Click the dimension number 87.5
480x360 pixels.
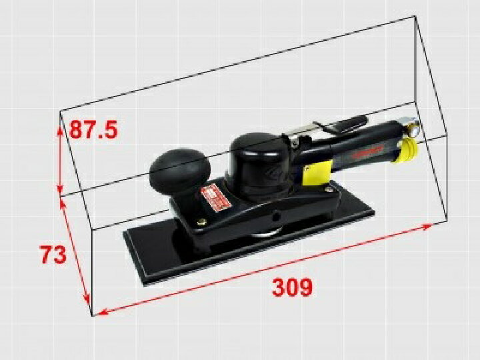coord(93,129)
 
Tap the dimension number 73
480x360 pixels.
coord(53,254)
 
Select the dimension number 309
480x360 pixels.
coord(292,287)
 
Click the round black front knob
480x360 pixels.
coord(180,170)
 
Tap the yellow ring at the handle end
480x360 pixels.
coord(406,150)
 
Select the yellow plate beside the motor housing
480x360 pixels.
coord(317,173)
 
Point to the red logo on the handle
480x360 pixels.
coord(367,151)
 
